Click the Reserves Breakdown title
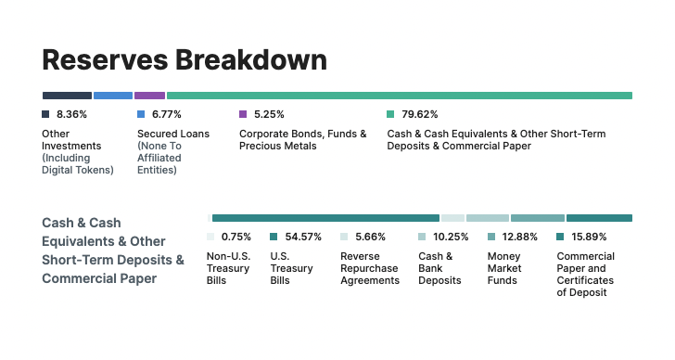pos(184,59)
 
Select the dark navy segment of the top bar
pos(67,96)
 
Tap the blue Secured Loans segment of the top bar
pos(113,96)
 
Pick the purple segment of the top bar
pos(149,96)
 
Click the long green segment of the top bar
pos(399,96)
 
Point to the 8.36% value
pos(71,114)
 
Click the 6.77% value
pos(167,114)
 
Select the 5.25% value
pos(269,114)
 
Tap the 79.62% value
pos(420,114)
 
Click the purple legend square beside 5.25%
pos(243,114)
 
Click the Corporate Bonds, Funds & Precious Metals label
pos(302,139)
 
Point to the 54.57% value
pos(303,237)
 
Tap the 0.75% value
pos(236,237)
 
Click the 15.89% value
pos(590,237)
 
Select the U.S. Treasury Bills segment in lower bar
pos(325,218)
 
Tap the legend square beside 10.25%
pos(422,237)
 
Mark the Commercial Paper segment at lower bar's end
pos(599,218)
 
